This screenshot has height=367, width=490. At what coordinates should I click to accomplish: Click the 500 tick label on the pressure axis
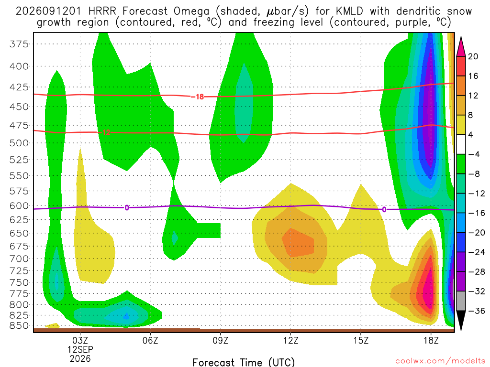tap(19, 143)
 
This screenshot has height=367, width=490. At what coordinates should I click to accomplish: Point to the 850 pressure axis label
tap(19, 326)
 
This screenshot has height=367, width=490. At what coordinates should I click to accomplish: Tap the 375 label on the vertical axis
tap(19, 44)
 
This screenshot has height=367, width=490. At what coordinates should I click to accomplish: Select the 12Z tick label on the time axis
tap(290, 340)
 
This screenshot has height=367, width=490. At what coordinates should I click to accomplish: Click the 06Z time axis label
tap(150, 340)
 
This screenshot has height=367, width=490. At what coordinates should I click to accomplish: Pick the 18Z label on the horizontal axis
tap(431, 340)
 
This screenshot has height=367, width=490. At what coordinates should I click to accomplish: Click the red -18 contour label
tap(198, 97)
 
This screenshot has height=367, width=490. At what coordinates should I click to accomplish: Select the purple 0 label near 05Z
tap(127, 208)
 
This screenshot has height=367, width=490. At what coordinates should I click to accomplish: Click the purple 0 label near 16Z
tap(384, 210)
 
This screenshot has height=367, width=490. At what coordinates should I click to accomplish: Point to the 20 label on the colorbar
tap(473, 56)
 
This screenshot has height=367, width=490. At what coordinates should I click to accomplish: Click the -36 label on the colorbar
tap(476, 311)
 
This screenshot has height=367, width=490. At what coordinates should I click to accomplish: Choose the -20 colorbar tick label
tap(476, 233)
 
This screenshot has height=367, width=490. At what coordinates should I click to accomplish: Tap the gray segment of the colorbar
tap(461, 301)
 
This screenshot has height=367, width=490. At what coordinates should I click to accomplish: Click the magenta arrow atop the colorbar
tap(461, 47)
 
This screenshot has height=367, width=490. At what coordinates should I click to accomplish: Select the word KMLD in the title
tap(349, 11)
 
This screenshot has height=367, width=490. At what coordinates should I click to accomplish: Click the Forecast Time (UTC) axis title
tap(244, 362)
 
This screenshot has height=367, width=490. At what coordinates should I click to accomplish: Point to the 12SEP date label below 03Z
tap(80, 349)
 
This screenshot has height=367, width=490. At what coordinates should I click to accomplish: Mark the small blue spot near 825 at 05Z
tap(126, 316)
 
